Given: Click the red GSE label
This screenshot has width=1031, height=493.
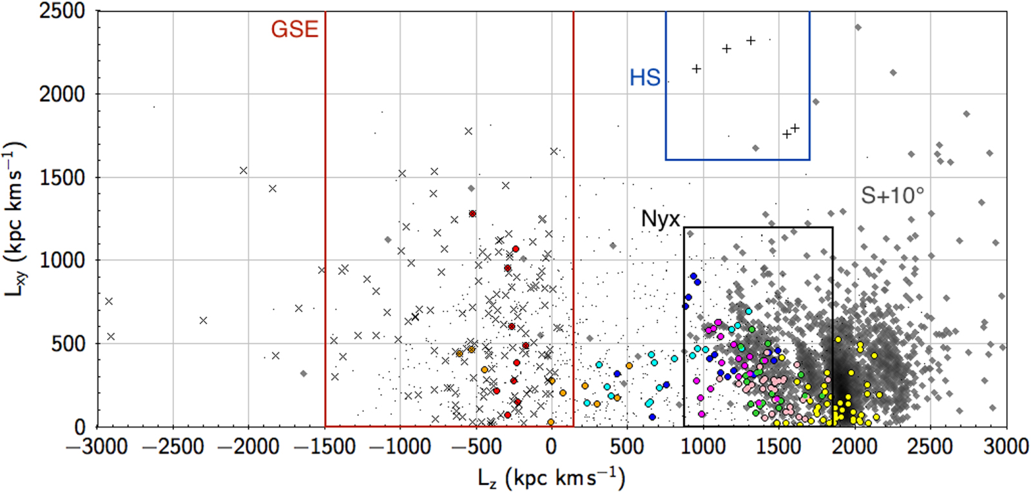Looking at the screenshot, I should click(294, 30).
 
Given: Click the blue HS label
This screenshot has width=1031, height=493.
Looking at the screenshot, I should click(645, 78).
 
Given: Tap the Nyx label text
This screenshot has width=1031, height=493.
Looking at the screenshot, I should click(660, 219).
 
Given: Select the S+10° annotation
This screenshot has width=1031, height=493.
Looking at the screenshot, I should click(892, 196).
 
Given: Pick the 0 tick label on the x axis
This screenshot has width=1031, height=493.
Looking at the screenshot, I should click(552, 447).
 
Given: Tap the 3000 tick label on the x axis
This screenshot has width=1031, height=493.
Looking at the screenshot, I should click(1005, 447).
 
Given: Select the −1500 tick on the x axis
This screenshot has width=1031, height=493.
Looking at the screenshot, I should click(325, 447).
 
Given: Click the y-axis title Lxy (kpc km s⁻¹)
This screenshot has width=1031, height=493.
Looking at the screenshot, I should click(15, 219).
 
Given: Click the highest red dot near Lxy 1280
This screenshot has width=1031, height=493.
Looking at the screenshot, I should click(472, 214).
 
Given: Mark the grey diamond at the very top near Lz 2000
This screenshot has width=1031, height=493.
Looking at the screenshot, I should click(858, 27).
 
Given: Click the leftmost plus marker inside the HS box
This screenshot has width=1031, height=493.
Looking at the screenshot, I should click(696, 69).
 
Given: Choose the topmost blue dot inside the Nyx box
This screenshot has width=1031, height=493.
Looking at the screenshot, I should click(693, 276).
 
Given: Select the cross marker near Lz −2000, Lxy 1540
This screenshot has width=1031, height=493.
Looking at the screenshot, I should click(244, 170).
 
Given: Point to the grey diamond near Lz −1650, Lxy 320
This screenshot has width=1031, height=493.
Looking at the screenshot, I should click(304, 374).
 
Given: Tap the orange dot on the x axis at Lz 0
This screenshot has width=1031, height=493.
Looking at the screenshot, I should click(551, 422).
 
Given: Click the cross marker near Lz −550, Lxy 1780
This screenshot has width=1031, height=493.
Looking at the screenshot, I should click(468, 131).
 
